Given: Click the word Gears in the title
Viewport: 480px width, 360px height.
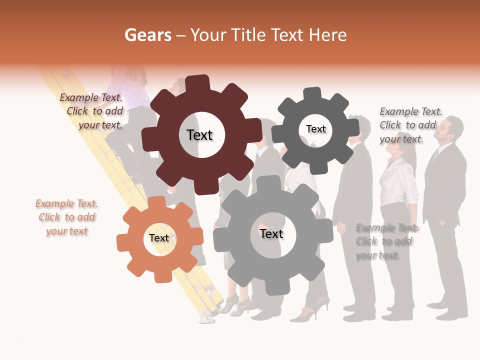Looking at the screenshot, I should pyautogui.click(x=147, y=35).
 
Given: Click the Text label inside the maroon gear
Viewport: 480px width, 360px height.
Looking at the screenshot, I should pyautogui.click(x=199, y=135).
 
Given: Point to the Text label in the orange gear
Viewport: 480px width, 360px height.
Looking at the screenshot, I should pyautogui.click(x=159, y=238).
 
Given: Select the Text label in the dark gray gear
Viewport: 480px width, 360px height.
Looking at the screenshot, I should pyautogui.click(x=315, y=129).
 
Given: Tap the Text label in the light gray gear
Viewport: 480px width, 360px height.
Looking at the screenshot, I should pyautogui.click(x=271, y=233).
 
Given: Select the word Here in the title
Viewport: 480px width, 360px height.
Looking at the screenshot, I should pyautogui.click(x=327, y=35).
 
